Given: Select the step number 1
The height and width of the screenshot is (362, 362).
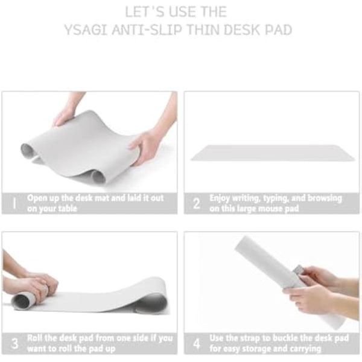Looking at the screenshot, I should tap(13, 203).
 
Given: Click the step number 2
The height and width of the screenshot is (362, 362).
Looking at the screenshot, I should tap(196, 203).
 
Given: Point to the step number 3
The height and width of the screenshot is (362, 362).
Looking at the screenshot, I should tap(14, 343).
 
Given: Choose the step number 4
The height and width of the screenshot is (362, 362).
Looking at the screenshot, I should tap(196, 343).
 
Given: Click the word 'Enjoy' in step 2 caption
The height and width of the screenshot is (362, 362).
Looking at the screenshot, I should tap(221, 198).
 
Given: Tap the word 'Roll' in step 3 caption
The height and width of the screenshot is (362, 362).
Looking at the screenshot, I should tap(36, 338).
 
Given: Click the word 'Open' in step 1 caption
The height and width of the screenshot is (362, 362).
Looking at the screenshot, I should tap(38, 198).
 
